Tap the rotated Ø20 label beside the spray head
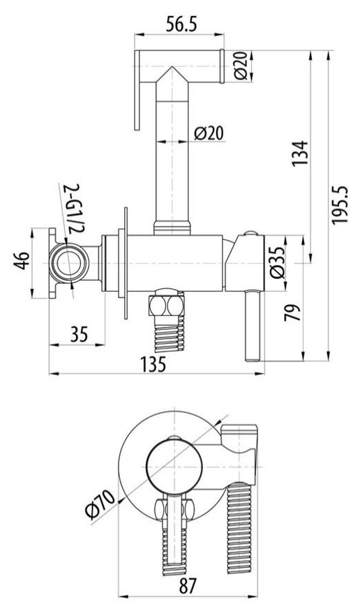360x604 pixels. pyautogui.click(x=240, y=66)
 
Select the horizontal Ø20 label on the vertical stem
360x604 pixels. pyautogui.click(x=209, y=133)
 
